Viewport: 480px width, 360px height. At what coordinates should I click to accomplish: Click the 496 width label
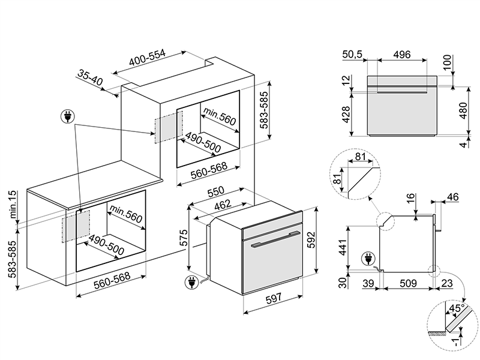[401, 55]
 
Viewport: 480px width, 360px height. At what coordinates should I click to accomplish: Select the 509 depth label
[408, 284]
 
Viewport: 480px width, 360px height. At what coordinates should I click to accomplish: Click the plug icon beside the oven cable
[191, 284]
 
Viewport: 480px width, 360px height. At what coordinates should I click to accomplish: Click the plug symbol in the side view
[366, 260]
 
